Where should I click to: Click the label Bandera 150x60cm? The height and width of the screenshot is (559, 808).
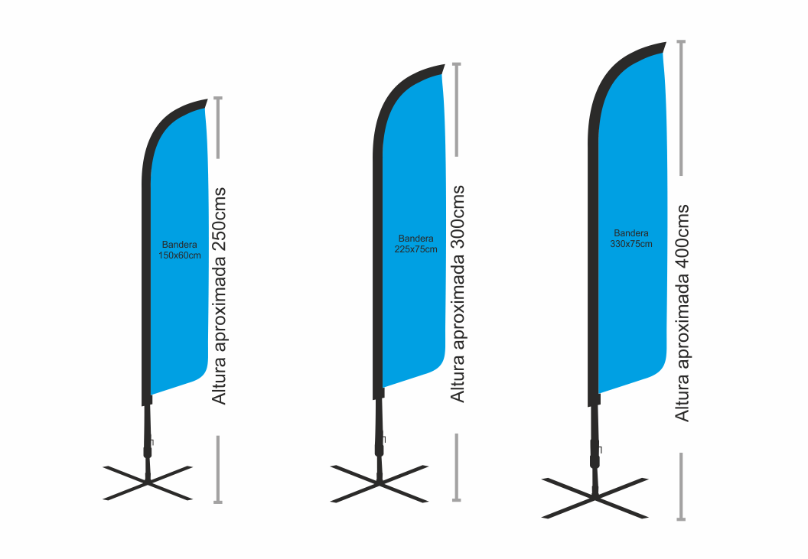180,250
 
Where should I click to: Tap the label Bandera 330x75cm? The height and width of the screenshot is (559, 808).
631,238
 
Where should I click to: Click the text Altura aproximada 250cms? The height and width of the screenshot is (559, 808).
220,295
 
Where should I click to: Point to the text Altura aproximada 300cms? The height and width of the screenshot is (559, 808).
458,293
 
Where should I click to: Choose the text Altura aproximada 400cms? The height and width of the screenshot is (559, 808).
682,312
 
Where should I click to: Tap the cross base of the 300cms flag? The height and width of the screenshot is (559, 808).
379,483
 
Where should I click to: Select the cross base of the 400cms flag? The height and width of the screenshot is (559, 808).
595,497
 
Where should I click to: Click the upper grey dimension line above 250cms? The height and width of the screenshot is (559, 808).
218,128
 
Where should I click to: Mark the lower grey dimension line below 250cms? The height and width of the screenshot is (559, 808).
218,469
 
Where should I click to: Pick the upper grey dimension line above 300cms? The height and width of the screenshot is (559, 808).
457,109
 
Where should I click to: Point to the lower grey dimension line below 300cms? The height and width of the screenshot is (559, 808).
457,467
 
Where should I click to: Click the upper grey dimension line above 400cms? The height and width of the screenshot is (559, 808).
681,107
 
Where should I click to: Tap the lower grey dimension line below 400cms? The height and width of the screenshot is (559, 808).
681,486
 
